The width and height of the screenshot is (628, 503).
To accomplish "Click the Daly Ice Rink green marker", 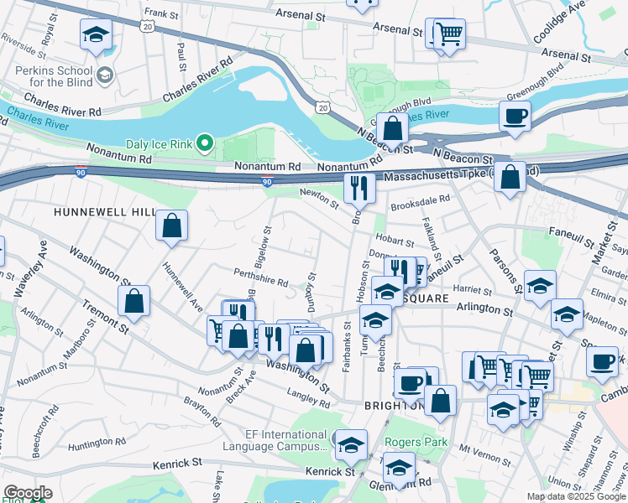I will click(203, 144).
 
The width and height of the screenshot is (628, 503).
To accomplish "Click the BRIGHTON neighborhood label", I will click(393, 405).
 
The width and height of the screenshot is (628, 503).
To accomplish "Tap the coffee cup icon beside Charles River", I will click(515, 117).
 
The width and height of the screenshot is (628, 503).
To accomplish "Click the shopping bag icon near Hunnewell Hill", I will click(171, 226).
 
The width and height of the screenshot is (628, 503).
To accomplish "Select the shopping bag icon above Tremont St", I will click(134, 301).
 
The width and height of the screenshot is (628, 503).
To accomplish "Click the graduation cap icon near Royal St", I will click(96, 35).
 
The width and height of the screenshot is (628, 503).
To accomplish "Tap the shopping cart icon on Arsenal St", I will click(450, 34).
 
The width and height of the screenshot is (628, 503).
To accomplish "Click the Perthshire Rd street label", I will click(261, 277).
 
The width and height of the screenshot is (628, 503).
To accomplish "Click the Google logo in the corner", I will click(28, 493).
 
